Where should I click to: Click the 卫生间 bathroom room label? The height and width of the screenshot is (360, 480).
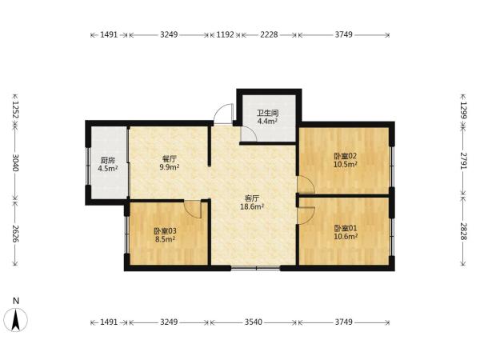pos(267,113)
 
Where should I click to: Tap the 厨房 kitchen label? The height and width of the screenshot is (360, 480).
pos(108,160)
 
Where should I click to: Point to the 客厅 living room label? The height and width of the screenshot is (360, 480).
pos(252,198)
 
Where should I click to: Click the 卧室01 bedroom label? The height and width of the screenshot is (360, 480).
pos(346,228)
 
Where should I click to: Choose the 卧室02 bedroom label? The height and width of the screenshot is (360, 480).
pos(346,156)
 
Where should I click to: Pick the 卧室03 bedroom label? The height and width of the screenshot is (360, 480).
pos(165,231)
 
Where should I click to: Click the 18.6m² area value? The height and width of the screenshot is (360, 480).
pos(252,207)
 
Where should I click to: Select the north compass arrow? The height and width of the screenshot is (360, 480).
pos(16,319)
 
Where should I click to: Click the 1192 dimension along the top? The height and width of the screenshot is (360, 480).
pos(226,34)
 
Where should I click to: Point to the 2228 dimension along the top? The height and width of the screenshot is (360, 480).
pos(269,34)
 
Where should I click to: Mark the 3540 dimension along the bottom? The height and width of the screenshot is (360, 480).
pos(254,322)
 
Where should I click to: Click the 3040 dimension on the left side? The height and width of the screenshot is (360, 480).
pos(15,162)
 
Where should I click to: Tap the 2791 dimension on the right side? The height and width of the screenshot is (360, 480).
pos(463,161)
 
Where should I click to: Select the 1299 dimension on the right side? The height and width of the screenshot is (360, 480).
pos(463,110)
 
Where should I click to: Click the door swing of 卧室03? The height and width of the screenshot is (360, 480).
pos(192,210)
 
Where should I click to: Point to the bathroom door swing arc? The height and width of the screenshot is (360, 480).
pos(249,134)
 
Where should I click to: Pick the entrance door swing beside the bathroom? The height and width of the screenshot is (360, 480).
pos(223,114)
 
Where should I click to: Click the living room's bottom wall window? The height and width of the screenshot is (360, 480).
pos(255,269)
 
